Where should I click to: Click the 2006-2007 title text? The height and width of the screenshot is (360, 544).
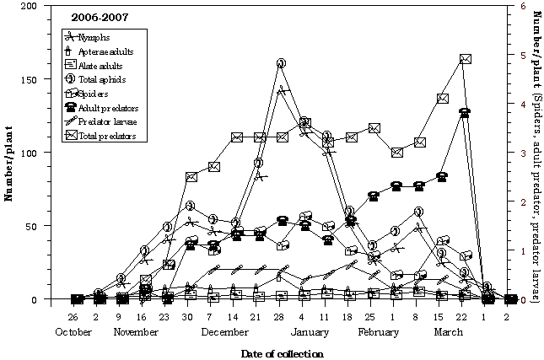coord(94,17)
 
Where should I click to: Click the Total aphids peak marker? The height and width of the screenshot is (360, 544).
coord(281,64)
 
